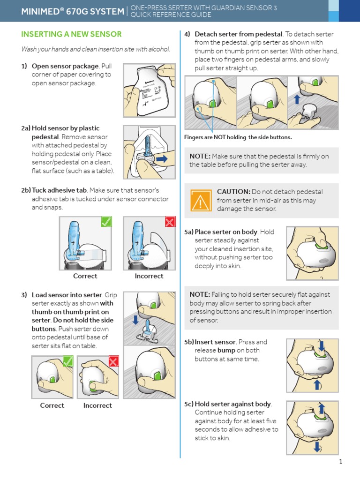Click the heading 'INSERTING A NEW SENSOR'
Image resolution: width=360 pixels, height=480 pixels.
coord(71,34)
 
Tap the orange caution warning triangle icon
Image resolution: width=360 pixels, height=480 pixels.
coord(200,201)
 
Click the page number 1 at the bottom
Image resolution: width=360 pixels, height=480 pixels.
coord(341,462)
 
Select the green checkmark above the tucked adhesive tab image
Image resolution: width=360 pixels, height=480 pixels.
coord(106,222)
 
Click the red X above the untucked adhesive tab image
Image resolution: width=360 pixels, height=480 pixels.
coord(170,222)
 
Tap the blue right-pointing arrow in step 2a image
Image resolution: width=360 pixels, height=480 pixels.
coord(161,159)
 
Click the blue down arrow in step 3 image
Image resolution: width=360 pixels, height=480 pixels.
coord(135,319)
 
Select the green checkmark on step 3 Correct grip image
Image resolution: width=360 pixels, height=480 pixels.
coord(68,361)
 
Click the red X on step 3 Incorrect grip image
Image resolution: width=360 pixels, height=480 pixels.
coord(114,361)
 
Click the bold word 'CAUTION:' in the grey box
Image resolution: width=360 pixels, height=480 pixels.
coord(233,192)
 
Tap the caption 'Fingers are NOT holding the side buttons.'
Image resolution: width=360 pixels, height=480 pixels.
coord(238,137)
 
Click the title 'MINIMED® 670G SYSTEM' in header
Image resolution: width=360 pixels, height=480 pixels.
coord(72,11)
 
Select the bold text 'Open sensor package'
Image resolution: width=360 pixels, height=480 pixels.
coord(65,66)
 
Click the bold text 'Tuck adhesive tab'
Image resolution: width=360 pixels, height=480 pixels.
coord(59,190)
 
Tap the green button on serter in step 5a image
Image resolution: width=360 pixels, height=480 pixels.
coord(322,245)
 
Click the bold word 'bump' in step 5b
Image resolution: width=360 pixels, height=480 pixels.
coord(226,351)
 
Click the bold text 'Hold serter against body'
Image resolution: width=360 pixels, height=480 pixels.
coord(233,404)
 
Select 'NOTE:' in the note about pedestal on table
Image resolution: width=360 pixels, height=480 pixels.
coord(200,156)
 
